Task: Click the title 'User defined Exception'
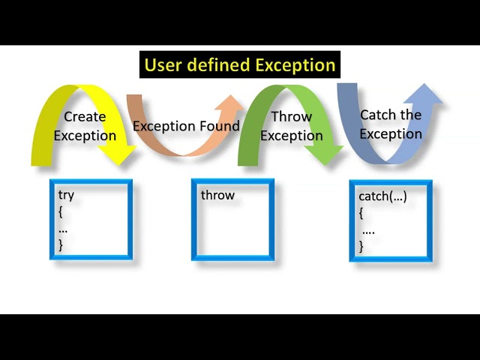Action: pyautogui.click(x=240, y=65)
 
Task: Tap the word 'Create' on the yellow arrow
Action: pyautogui.click(x=85, y=116)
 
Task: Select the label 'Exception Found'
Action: pyautogui.click(x=186, y=126)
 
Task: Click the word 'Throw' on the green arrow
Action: pyautogui.click(x=291, y=116)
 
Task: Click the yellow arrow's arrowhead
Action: pyautogui.click(x=120, y=154)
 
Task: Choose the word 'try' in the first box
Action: pyautogui.click(x=66, y=195)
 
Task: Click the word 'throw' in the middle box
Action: pyautogui.click(x=217, y=195)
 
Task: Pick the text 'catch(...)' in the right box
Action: pyautogui.click(x=382, y=196)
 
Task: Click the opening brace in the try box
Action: pyautogui.click(x=61, y=212)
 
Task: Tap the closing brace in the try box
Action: pyautogui.click(x=61, y=244)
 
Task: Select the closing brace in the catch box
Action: pyautogui.click(x=361, y=246)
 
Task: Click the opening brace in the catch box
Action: pyautogui.click(x=361, y=214)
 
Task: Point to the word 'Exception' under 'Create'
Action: pyautogui.click(x=85, y=136)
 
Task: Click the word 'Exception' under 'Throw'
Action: pyautogui.click(x=291, y=136)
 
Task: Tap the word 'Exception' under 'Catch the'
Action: pyautogui.click(x=391, y=134)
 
